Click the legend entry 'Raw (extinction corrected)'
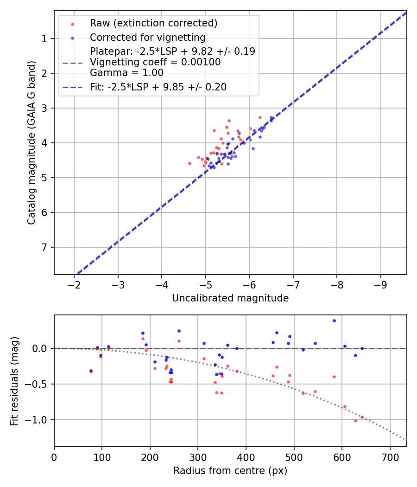[153, 23]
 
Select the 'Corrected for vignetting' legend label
[147, 37]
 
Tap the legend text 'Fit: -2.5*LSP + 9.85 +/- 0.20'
[158, 87]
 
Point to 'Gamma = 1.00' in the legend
[126, 72]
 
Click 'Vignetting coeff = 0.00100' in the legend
[155, 62]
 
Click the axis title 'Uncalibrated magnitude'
[230, 298]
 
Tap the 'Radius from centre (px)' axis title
[230, 471]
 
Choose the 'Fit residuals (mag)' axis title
[14, 381]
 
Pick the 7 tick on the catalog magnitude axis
[44, 247]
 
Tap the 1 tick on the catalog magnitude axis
[44, 38]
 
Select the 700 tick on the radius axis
[390, 455]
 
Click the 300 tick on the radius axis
[198, 455]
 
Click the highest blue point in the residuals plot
[334, 320]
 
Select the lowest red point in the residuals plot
[355, 421]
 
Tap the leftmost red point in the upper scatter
[190, 163]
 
